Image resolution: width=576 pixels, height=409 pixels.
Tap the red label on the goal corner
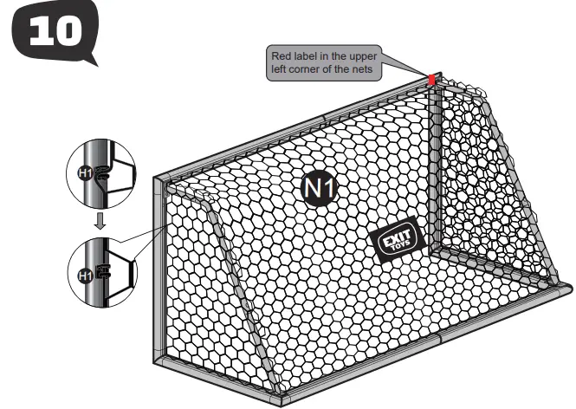click(431, 81)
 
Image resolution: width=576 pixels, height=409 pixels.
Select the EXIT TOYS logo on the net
click(395, 237)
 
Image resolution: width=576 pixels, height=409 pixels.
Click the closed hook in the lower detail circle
click(101, 273)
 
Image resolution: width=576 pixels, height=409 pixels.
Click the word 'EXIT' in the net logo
click(392, 234)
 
